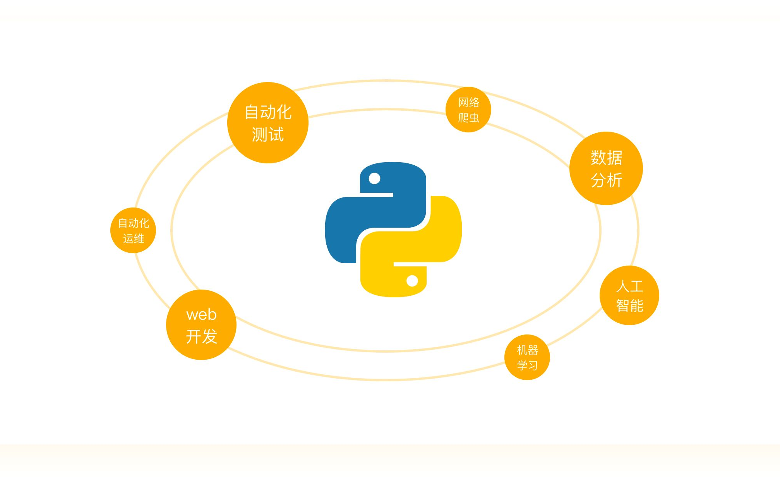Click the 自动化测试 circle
(268, 122)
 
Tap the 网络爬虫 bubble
(468, 110)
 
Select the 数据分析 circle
(606, 168)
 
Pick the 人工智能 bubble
(629, 295)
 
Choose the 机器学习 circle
(527, 357)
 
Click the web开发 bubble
(201, 325)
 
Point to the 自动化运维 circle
(133, 230)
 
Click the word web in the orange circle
(201, 314)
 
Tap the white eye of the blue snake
(374, 178)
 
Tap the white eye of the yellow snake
(412, 281)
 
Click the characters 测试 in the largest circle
(268, 134)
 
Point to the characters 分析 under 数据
(607, 180)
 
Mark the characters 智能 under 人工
(630, 306)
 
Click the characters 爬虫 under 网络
(469, 117)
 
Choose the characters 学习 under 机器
(527, 365)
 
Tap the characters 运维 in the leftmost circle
(134, 238)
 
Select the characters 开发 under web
(201, 336)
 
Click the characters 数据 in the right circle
(607, 158)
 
